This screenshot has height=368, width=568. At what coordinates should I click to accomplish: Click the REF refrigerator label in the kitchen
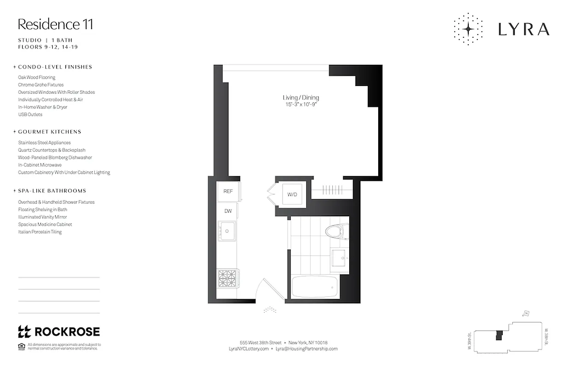pos(228,191)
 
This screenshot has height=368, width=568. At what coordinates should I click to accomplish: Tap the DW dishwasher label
pos(228,211)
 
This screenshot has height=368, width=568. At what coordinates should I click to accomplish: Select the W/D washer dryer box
pos(292,195)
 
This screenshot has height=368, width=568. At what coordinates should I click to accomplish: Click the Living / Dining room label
pos(301,98)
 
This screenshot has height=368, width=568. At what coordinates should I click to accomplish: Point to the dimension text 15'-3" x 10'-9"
pos(301,105)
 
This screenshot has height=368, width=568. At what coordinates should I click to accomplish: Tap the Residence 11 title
pos(55,24)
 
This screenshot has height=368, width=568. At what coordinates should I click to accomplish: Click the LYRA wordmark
pos(523,29)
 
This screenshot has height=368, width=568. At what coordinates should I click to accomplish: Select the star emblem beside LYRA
pos(468,29)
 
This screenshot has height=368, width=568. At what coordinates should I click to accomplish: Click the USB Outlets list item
pos(30,115)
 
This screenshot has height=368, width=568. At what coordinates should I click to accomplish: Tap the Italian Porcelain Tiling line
pos(40,232)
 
